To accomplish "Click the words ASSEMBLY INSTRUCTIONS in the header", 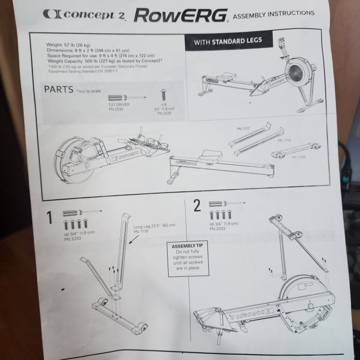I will pyautogui.click(x=273, y=14).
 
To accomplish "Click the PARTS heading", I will pyautogui.click(x=59, y=89).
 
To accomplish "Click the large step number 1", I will pyautogui.click(x=49, y=219).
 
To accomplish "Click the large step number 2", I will pyautogui.click(x=197, y=206).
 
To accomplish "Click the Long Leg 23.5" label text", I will pyautogui.click(x=154, y=226).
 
